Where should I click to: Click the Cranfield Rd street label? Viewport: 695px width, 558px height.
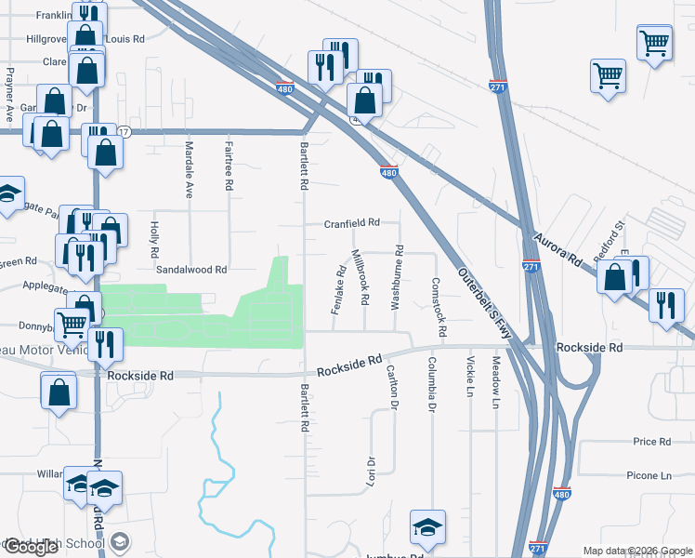[352, 223]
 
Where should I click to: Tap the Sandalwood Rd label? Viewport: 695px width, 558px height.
[191, 270]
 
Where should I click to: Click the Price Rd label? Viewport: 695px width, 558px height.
[651, 442]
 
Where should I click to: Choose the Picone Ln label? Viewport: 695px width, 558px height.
[648, 475]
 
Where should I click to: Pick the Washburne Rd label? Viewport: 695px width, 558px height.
[398, 276]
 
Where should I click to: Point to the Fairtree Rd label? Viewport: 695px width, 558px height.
[229, 162]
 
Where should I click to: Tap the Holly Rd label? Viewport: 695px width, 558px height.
[154, 239]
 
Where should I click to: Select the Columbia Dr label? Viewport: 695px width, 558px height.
[432, 384]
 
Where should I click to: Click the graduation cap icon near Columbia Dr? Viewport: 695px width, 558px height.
[426, 528]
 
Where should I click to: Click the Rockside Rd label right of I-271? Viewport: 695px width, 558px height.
[589, 347]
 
